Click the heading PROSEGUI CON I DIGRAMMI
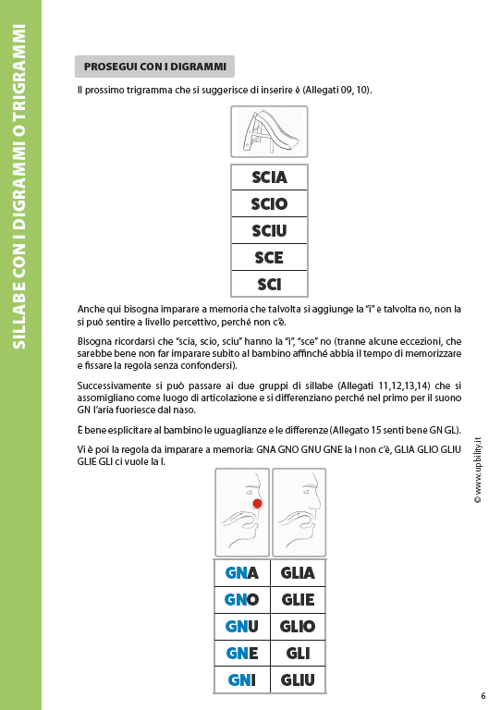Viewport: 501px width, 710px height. tap(154, 67)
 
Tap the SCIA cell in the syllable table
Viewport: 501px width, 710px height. tap(269, 177)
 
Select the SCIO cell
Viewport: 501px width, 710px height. tap(269, 203)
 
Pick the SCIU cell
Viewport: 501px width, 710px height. tap(269, 230)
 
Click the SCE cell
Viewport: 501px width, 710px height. tap(269, 257)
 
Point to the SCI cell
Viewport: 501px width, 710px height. tap(269, 284)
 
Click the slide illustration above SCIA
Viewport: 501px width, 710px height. tap(268, 131)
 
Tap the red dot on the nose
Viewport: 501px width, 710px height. tap(257, 504)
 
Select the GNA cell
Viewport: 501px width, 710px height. tap(241, 572)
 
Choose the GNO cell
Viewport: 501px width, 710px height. tap(241, 599)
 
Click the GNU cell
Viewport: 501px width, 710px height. tap(241, 626)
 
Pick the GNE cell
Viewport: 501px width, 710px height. tap(241, 654)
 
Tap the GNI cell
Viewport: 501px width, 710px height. tap(241, 680)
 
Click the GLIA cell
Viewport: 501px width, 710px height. tap(298, 572)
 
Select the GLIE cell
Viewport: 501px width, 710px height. tap(298, 599)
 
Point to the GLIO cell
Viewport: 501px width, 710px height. tap(298, 626)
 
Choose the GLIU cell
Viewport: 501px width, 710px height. tap(298, 680)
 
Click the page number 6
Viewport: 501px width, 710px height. tap(483, 696)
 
